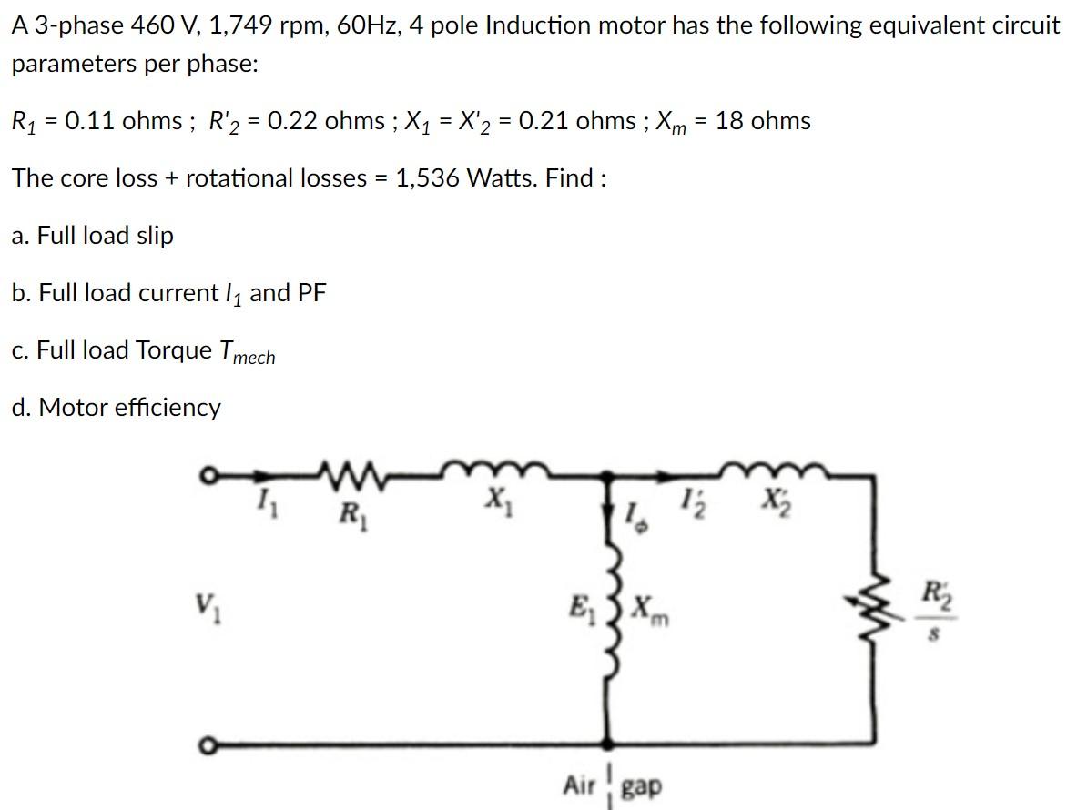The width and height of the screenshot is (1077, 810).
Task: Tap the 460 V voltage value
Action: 162,25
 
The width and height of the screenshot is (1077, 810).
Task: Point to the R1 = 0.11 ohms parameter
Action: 97,121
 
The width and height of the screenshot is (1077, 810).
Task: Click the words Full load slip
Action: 105,236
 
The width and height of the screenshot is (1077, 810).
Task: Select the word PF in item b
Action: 310,293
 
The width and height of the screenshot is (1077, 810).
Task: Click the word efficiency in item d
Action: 167,407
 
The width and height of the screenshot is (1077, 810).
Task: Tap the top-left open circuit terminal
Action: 208,474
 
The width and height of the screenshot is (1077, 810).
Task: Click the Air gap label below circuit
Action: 612,785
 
